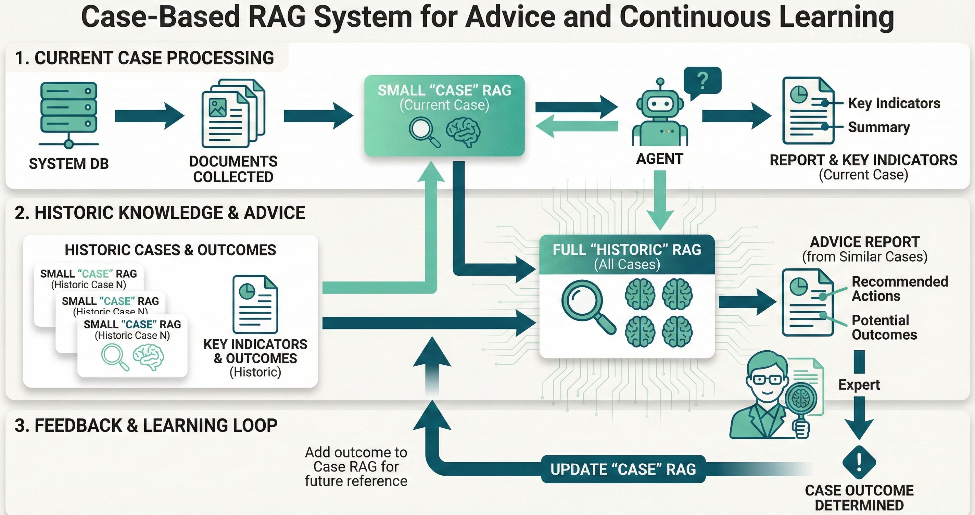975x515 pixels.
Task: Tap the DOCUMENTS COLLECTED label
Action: [233, 169]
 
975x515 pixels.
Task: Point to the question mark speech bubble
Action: [702, 82]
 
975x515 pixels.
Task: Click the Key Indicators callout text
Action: [894, 103]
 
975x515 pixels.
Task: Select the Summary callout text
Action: [879, 127]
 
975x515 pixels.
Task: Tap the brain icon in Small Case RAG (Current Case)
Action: [463, 132]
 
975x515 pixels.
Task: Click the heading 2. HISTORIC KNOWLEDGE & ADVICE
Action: [160, 213]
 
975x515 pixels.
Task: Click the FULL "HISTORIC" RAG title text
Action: [627, 250]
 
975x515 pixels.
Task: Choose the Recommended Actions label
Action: [899, 289]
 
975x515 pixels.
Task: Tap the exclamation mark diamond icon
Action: [859, 462]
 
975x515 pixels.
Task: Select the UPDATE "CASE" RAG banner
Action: [623, 469]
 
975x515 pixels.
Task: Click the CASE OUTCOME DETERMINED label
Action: [859, 498]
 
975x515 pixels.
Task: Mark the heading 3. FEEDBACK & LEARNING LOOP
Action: [146, 426]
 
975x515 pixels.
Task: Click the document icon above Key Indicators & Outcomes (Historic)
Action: [255, 304]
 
